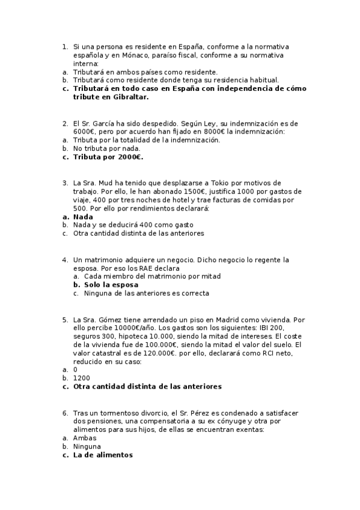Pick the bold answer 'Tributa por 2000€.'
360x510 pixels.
(108, 157)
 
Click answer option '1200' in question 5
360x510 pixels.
(81, 378)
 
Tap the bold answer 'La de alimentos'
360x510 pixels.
(103, 455)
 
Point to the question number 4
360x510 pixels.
(64, 260)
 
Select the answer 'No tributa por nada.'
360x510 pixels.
(107, 148)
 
